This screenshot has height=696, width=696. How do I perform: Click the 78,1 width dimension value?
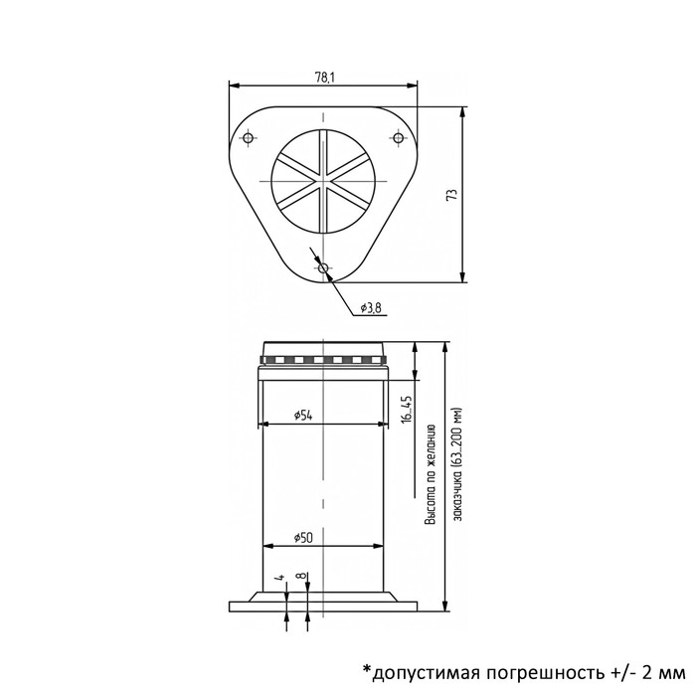click(323, 78)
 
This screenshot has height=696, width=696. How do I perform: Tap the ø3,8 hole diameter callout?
click(371, 307)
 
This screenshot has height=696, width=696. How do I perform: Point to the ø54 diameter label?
click(304, 415)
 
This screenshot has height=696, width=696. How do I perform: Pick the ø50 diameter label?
click(304, 537)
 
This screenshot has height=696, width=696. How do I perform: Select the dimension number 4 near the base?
click(282, 577)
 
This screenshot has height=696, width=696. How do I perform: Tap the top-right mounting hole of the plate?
click(399, 136)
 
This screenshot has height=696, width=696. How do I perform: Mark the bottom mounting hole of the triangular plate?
click(323, 267)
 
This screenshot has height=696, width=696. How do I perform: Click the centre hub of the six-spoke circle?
click(323, 180)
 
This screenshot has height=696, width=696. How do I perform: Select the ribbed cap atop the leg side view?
click(323, 355)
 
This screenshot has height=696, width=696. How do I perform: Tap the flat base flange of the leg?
click(323, 603)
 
